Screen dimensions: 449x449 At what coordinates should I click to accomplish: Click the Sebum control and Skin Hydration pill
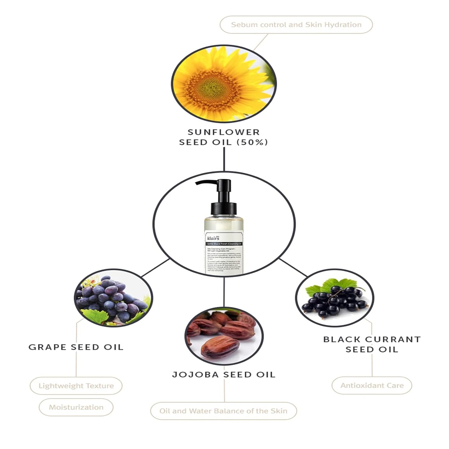pos(296,25)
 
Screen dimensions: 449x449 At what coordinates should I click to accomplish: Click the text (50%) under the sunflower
pos(252,142)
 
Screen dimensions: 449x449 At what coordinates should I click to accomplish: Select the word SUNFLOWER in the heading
pos(223,132)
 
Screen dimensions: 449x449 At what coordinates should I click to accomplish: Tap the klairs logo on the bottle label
pos(213,238)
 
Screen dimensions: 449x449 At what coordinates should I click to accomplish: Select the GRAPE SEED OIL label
pos(76,347)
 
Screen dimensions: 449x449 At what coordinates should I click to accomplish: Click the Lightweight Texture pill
pos(76,386)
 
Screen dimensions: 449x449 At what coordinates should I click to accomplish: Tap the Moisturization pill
pos(76,407)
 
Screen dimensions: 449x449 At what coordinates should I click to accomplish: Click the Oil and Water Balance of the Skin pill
pos(223,411)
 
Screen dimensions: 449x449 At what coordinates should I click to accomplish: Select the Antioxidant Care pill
pos(372,386)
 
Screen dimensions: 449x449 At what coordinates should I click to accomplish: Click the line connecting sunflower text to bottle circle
pos(224,159)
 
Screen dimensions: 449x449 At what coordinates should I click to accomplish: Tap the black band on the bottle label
pos(224,244)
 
